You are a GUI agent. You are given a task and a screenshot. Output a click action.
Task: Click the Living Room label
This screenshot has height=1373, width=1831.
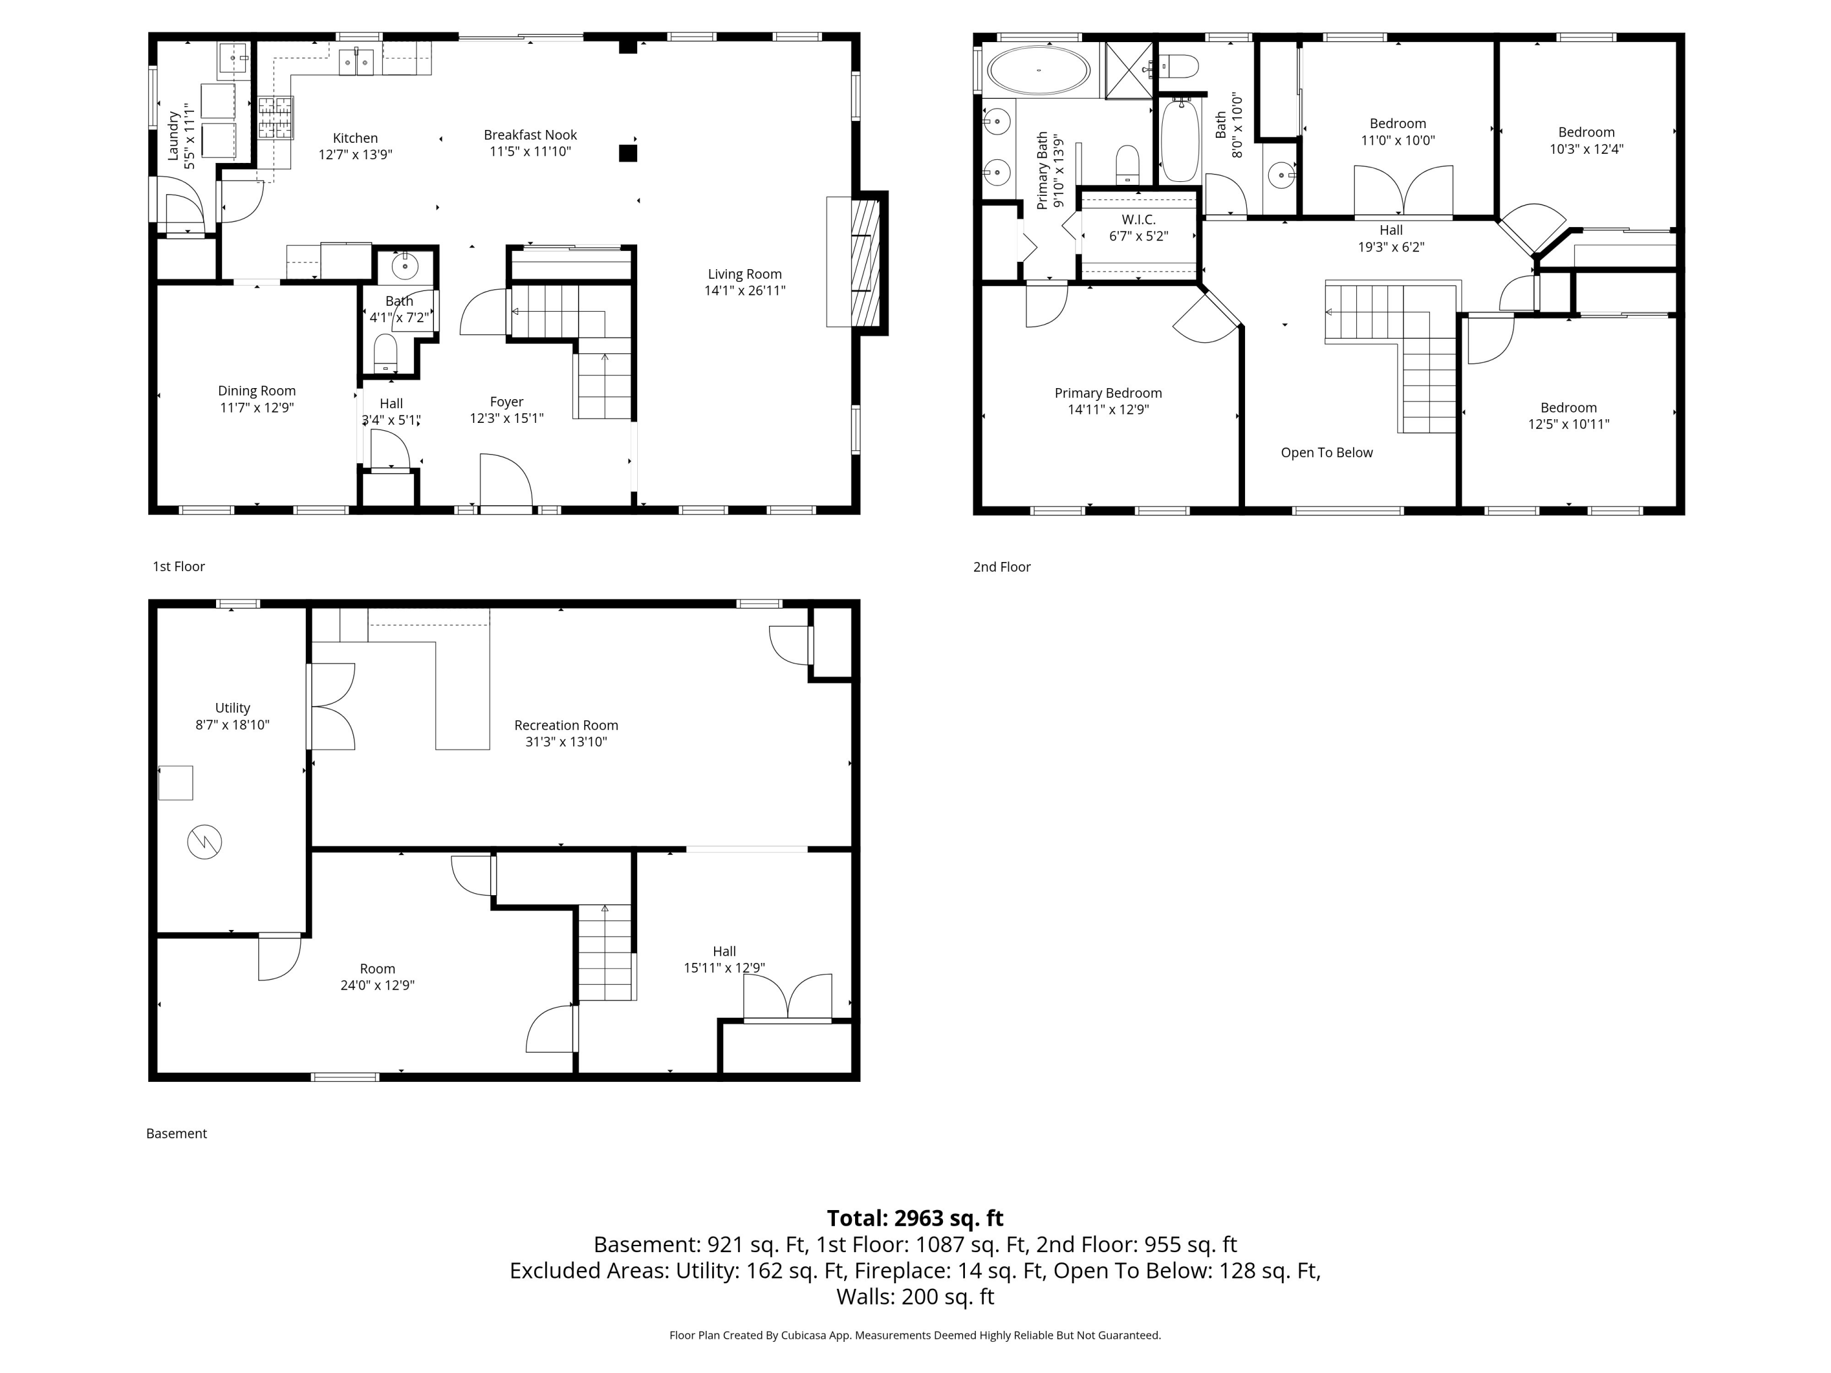pos(744,274)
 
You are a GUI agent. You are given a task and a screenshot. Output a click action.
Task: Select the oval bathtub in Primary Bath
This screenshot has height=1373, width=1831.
pos(1039,70)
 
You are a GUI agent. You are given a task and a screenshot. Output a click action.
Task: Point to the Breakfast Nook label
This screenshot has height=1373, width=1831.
pos(530,135)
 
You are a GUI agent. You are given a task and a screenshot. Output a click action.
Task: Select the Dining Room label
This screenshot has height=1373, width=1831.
pos(256,391)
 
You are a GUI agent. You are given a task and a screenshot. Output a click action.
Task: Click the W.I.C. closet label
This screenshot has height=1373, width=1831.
pos(1139,219)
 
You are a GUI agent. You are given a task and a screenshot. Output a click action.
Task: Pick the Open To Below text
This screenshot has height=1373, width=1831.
pos(1326,453)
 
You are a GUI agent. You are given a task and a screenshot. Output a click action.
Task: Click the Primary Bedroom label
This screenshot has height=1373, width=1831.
pos(1108,393)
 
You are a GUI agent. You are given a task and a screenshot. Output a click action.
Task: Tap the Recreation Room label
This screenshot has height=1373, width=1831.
pos(566,725)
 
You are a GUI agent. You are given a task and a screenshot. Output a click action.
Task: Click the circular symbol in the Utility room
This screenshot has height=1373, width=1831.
pos(204,843)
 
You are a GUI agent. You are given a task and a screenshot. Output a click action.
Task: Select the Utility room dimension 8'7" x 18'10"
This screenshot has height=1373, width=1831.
pos(233,725)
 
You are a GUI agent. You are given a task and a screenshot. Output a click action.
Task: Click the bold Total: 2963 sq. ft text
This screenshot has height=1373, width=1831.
pos(915,1218)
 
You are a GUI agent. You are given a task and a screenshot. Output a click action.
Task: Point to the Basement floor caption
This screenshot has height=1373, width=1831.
pos(176,1134)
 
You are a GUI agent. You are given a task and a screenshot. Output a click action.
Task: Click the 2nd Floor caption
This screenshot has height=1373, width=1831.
pos(1002,567)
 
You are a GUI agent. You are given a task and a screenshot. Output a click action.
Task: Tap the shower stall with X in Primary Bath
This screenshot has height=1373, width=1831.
pos(1129,70)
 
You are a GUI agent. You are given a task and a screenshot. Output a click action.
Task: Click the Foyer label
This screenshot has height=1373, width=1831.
pos(507,402)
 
